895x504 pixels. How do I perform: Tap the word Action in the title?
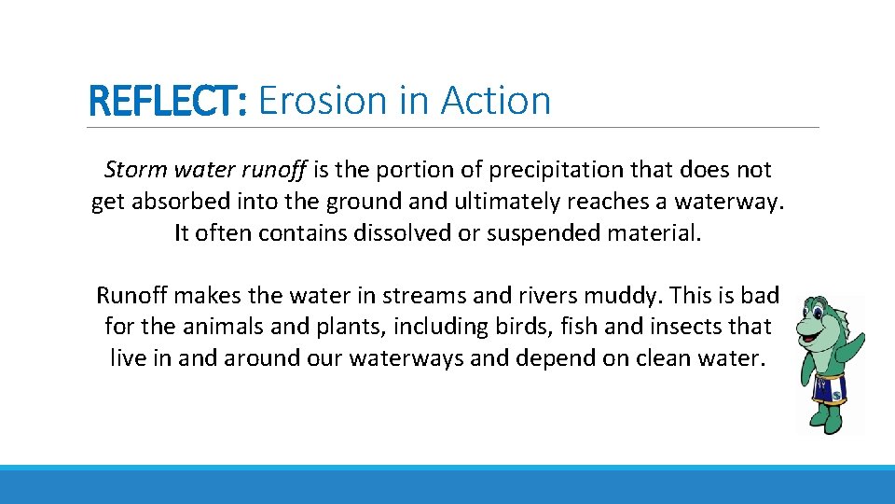[496, 101]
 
